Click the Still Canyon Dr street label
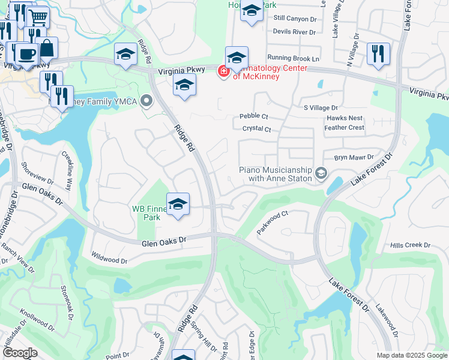point(295,19)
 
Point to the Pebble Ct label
point(253,116)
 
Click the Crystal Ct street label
point(257,129)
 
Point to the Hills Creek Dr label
point(410,245)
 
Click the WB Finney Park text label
point(148,213)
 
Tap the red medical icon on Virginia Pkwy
point(223,71)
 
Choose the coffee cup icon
point(26,54)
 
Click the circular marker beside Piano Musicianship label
point(321,173)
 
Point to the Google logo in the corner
point(20,353)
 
